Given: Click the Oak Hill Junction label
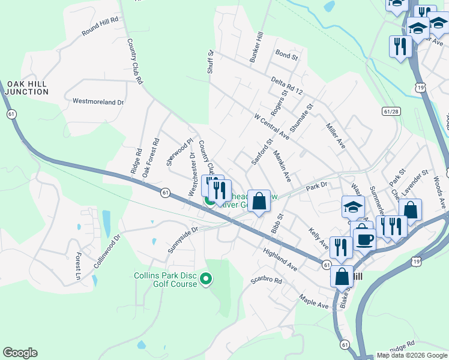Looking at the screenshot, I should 26,88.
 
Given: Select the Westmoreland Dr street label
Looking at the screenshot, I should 98,102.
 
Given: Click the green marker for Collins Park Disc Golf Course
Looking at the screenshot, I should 206,278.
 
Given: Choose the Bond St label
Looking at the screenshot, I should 286,56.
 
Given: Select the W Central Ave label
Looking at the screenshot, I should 271,127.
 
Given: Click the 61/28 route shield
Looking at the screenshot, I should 390,112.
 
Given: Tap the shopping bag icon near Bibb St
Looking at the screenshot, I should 259,201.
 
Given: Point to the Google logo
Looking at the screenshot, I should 20,353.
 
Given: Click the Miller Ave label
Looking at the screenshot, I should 336,136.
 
